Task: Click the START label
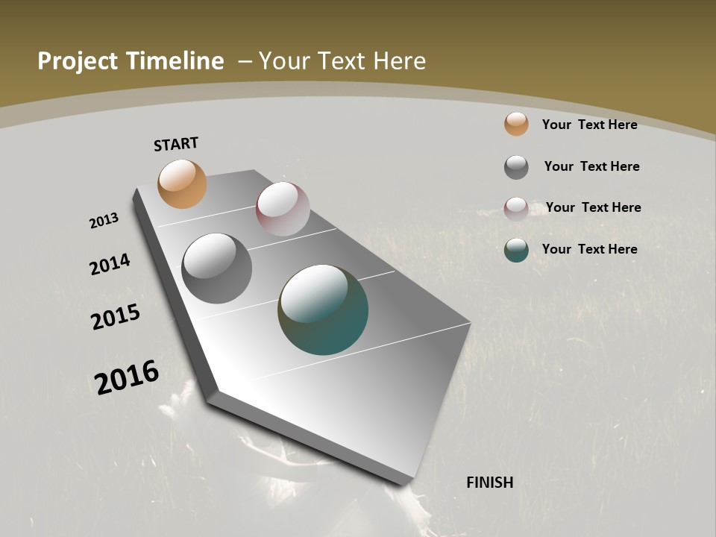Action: coord(176,144)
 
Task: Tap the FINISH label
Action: coord(490,483)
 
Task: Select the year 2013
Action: coord(104,221)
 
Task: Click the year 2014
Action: coord(110,264)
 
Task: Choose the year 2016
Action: coord(127,377)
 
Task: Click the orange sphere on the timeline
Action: coord(182,183)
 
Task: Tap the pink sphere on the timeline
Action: coord(283,209)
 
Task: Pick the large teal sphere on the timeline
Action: coord(323,310)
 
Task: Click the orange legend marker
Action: coord(516,124)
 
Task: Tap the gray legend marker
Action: coord(516,167)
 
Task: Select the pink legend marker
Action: coord(516,209)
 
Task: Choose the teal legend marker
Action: coord(516,250)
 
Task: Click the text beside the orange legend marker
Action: coord(589,125)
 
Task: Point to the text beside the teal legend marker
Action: coord(589,249)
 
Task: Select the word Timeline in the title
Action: coord(177,61)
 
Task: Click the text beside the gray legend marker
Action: coord(591,166)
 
